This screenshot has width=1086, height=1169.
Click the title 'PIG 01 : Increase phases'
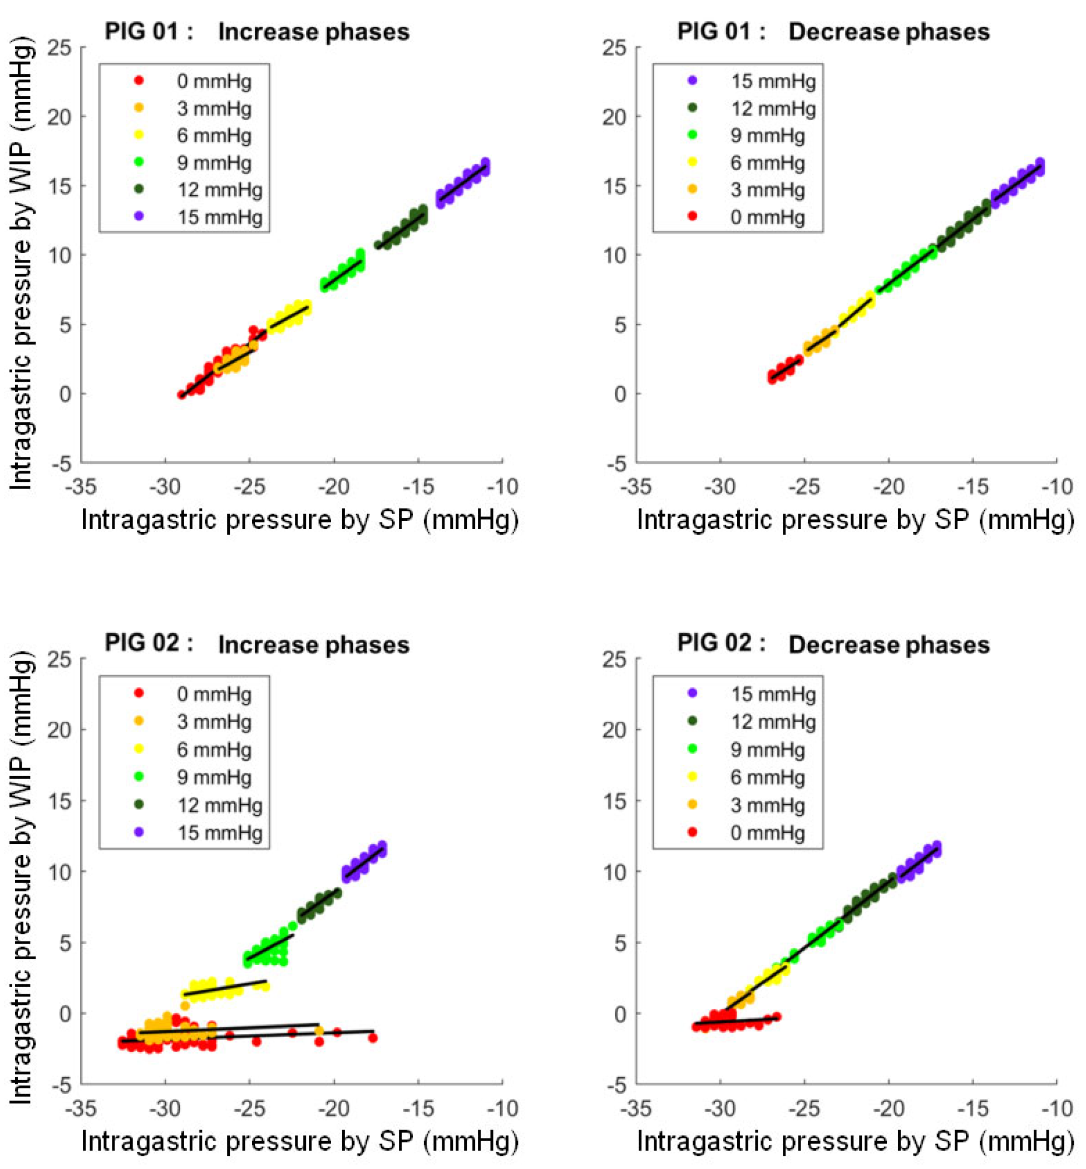point(257,31)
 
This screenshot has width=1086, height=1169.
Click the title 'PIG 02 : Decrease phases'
point(833,644)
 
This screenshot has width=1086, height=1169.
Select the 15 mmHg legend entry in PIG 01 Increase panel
point(200,217)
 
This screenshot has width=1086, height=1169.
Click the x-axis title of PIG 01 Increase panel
point(300,520)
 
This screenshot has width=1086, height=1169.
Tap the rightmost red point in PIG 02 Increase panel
point(373,1038)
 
